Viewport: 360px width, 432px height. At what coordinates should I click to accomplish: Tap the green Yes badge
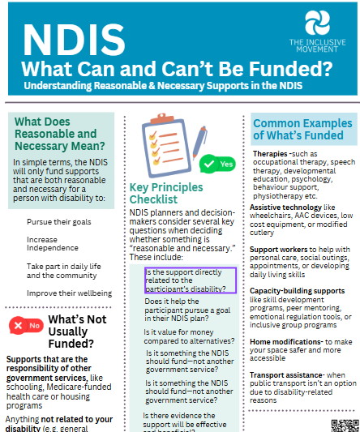[218, 164]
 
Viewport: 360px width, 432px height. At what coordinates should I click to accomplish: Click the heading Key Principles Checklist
[165, 193]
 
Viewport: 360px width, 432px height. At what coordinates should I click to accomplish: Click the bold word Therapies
[270, 153]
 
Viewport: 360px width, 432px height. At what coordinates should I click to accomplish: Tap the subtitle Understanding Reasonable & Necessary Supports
[165, 84]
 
